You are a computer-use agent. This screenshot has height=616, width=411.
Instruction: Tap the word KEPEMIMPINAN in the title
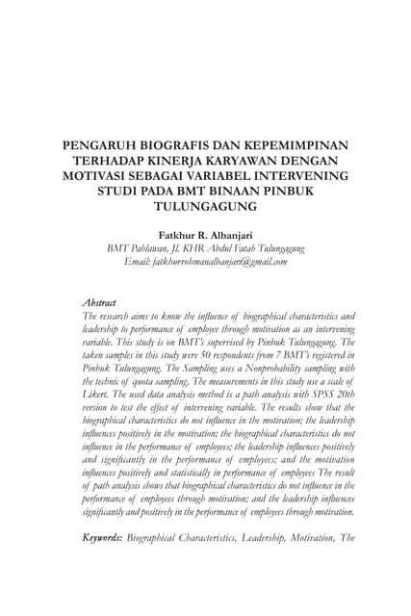click(297, 145)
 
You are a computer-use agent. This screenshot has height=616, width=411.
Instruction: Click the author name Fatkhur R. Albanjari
click(205, 234)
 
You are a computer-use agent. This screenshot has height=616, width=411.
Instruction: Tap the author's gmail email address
click(220, 261)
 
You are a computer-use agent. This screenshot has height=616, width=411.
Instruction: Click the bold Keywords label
click(103, 537)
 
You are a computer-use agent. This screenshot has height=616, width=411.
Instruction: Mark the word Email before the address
click(138, 261)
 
